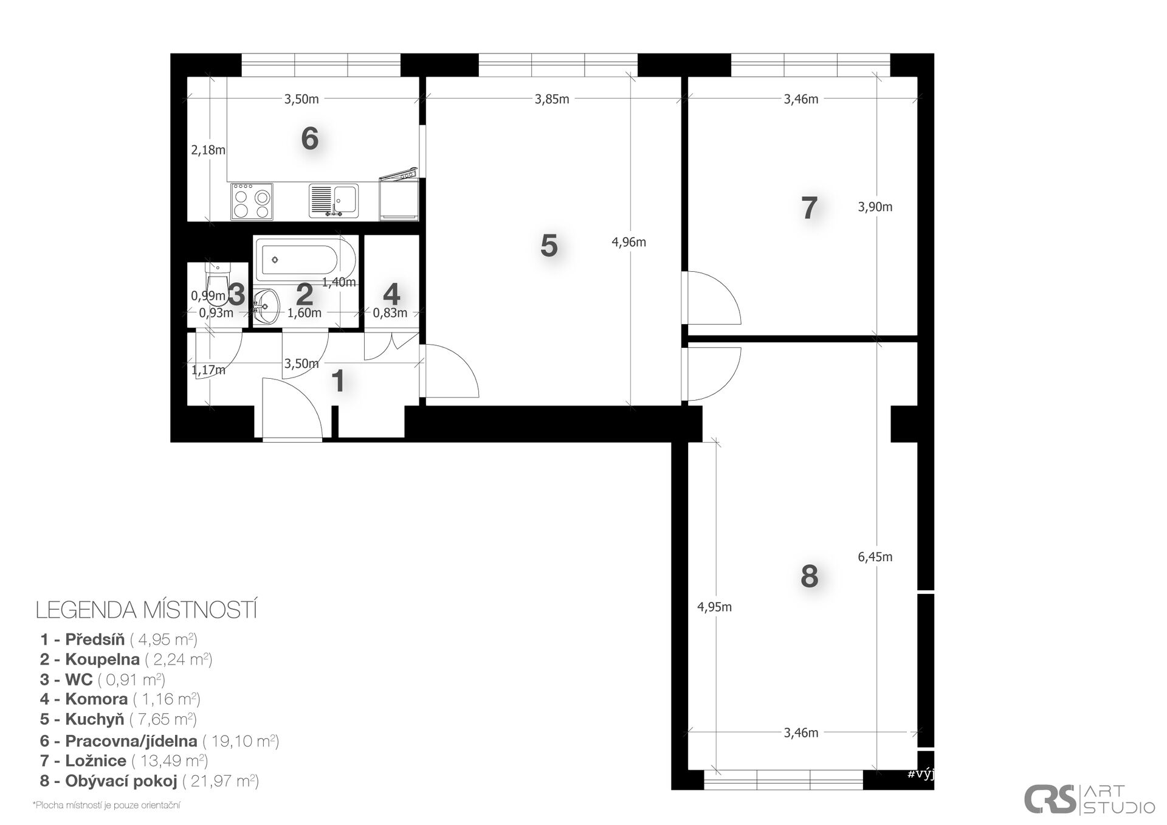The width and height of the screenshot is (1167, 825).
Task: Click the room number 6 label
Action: point(310,139)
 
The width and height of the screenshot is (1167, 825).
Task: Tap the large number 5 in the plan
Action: point(549,246)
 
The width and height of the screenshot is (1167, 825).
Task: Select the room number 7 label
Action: point(809,208)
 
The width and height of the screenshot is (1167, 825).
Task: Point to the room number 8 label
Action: point(809,576)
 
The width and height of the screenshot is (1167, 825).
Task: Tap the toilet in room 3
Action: point(217,283)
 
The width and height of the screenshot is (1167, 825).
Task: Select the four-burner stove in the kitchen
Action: point(252,201)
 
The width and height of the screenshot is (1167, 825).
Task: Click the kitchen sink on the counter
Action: point(334,201)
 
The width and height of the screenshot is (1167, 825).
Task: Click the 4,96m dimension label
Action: point(628,242)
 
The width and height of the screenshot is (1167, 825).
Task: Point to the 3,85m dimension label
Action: point(552,99)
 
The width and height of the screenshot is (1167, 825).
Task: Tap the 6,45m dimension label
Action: point(875,556)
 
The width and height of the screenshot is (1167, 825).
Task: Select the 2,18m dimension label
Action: point(208,150)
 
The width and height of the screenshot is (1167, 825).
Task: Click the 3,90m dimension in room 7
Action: point(875,207)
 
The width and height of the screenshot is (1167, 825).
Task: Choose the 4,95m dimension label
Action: point(714,607)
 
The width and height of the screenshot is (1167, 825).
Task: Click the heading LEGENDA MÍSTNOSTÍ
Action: point(146,610)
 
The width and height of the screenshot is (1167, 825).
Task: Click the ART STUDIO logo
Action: point(1089,799)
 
